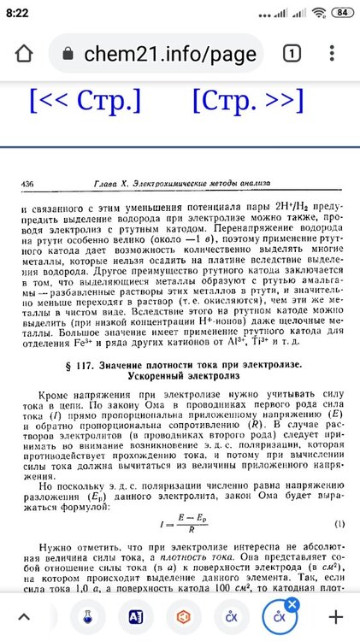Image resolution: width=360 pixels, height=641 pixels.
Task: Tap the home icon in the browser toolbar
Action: pos(23,54)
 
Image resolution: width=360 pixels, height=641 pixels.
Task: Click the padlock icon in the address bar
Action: pos(68,54)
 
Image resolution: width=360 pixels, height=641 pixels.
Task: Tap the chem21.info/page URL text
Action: pos(170,54)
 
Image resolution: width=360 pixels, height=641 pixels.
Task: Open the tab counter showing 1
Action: pos(291,54)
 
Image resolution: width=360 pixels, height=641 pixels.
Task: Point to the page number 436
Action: pos(27,184)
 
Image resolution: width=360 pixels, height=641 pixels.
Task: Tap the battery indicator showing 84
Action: pos(341,13)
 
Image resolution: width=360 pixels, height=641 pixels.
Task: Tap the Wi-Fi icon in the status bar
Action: pos(318,13)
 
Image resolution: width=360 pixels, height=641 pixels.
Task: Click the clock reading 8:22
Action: pos(18,13)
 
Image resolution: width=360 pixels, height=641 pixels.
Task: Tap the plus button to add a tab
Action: pos(336,615)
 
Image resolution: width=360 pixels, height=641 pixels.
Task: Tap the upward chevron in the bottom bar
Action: pos(24,615)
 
